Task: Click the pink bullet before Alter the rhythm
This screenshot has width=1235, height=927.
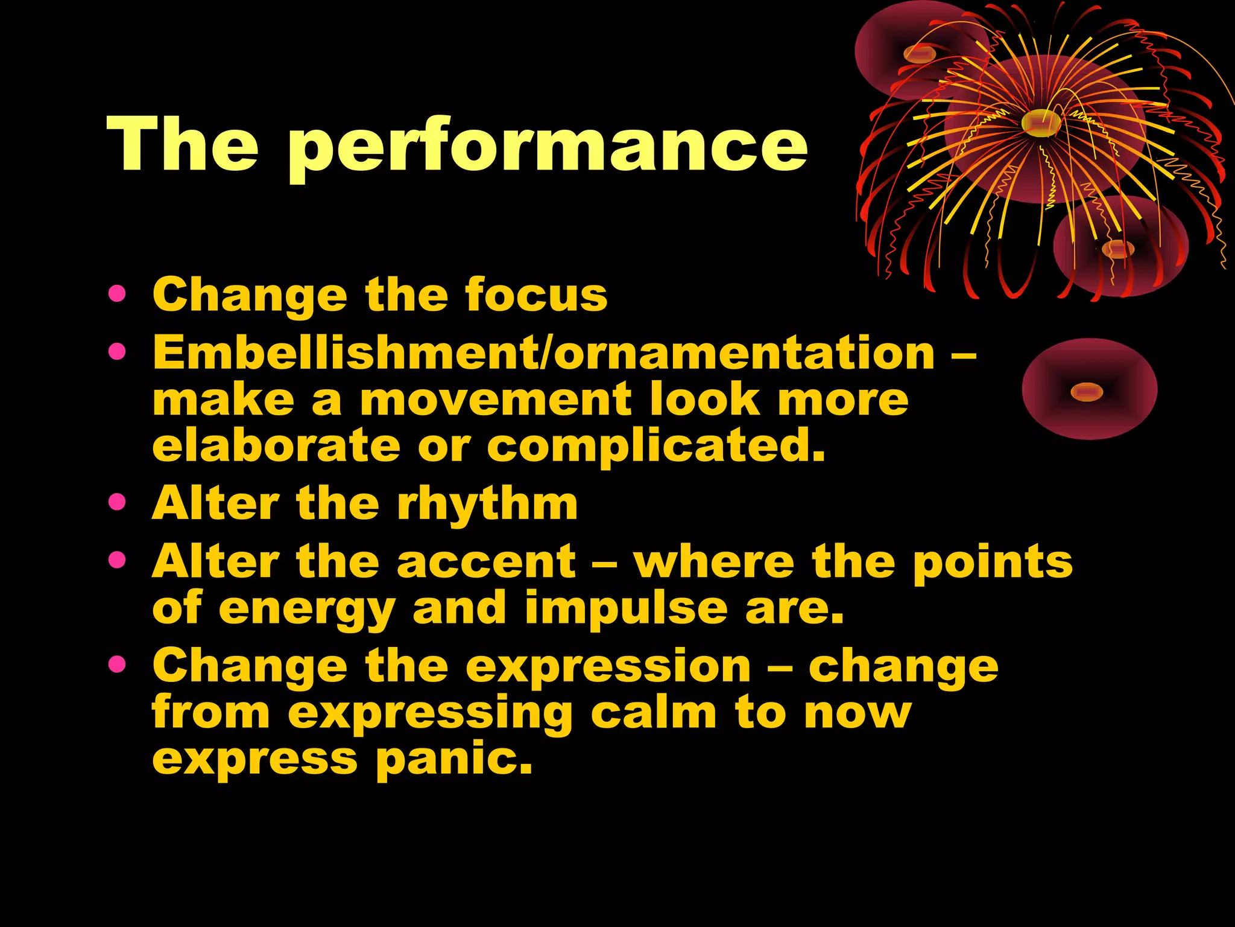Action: pos(117,502)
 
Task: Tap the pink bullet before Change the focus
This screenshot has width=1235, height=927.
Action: pos(117,294)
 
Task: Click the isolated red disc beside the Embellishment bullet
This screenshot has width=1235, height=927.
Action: pos(1089,389)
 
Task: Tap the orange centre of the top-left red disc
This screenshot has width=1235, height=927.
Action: pos(920,54)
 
